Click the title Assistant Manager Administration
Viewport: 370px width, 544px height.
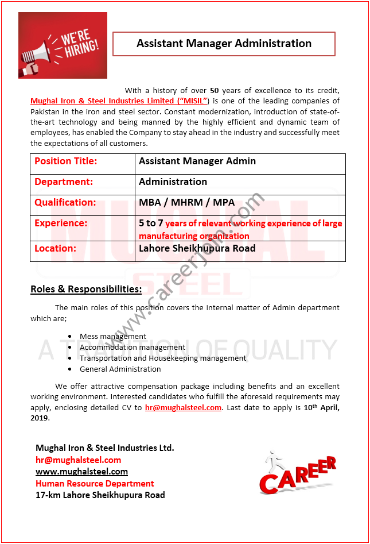tap(224, 44)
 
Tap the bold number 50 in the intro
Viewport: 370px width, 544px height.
tap(215, 90)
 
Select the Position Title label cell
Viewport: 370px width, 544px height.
tap(66, 161)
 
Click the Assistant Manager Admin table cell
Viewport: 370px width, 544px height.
tap(197, 161)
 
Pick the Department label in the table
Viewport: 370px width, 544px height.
tap(64, 182)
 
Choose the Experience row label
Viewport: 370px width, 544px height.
tap(61, 223)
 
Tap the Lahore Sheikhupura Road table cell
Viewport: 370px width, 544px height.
tap(197, 249)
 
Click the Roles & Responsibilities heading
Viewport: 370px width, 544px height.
tap(86, 289)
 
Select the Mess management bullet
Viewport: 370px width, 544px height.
tap(113, 337)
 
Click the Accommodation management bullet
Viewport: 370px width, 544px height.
tap(133, 348)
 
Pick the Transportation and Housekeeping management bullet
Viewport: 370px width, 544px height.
tap(163, 358)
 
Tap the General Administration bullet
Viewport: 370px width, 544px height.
tap(120, 369)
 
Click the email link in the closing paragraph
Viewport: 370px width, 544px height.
tap(183, 408)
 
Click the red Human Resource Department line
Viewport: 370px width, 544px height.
tap(95, 484)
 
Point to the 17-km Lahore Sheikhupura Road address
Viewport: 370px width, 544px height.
tap(100, 495)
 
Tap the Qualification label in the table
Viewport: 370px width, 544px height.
tap(65, 203)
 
